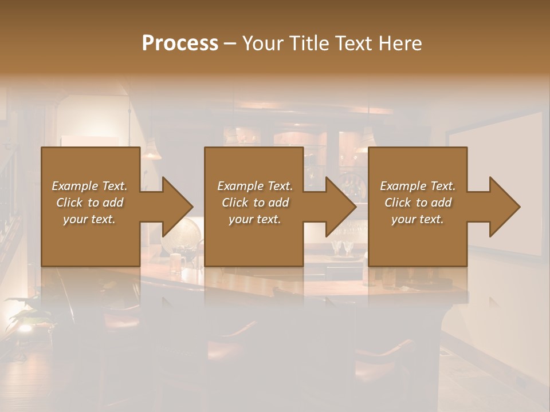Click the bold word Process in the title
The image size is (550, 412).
[x=180, y=43]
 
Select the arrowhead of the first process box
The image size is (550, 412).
[x=175, y=207]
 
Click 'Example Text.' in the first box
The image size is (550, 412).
[x=89, y=186]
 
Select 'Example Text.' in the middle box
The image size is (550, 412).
[x=255, y=186]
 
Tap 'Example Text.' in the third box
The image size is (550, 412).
[x=418, y=186]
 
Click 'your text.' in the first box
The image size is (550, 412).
[x=89, y=219]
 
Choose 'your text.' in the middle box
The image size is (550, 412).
[x=255, y=219]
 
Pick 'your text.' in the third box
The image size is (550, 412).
[x=418, y=219]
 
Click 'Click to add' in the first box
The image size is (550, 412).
[x=89, y=203]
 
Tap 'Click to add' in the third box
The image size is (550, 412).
[x=418, y=203]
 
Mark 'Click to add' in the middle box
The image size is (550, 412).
[x=255, y=203]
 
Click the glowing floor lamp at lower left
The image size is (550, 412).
[x=24, y=327]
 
